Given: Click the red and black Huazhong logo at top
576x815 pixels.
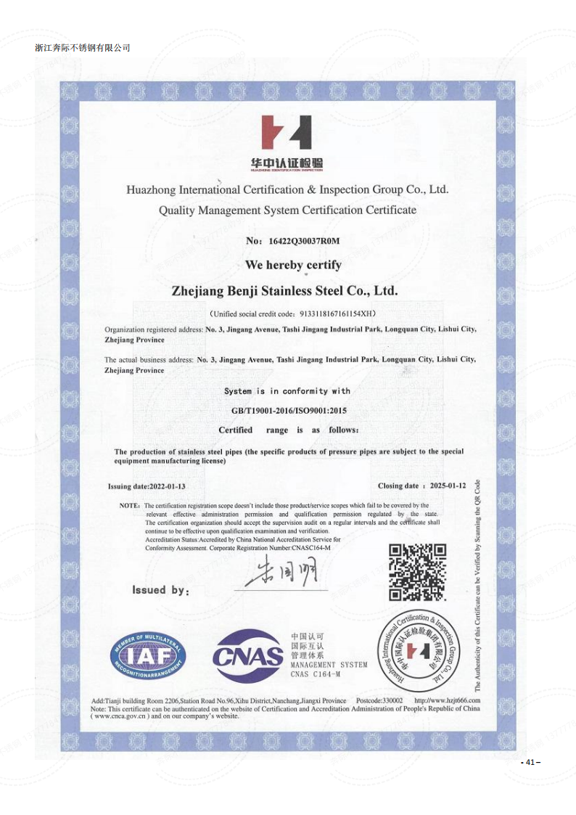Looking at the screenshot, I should point(287,133).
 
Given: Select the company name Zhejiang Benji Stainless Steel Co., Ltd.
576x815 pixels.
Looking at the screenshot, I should point(284,291).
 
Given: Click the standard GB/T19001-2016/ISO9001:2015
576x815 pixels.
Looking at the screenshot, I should point(289,411).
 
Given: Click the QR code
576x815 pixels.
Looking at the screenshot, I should point(417,572).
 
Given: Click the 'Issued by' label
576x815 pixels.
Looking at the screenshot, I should point(160,591).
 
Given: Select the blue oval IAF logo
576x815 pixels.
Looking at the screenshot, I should point(148,655).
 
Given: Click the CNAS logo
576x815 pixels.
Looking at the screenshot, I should point(248,657).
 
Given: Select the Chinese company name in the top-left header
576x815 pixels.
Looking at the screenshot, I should point(82,48).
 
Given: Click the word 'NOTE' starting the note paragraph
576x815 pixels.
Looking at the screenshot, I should point(129,505).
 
